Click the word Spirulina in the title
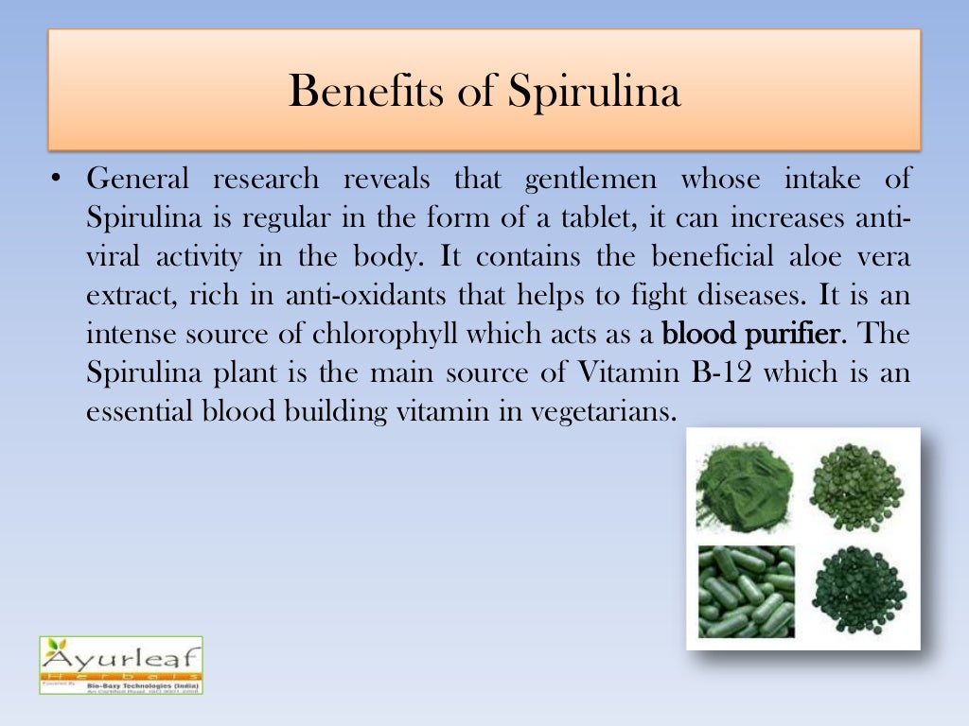pos(593,93)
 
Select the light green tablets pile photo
pos(856,487)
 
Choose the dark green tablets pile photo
pos(857,591)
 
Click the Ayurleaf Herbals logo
pos(120,665)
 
